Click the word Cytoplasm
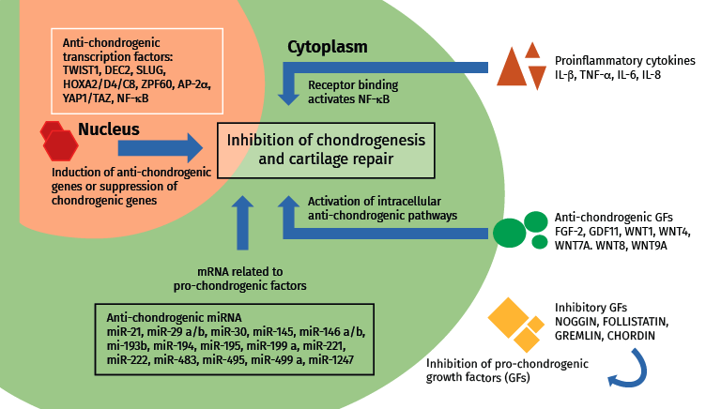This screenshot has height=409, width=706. tap(326, 46)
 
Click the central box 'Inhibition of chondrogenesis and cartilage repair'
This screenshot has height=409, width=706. tap(328, 149)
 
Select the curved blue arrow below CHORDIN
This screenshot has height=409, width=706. tap(624, 368)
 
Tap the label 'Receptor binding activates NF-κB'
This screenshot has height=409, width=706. tap(366, 89)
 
